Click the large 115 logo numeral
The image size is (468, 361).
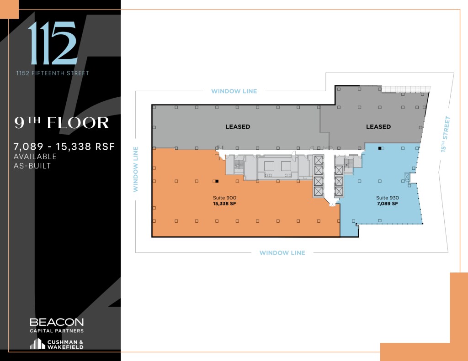point(52,43)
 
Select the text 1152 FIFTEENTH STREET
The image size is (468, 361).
point(53,73)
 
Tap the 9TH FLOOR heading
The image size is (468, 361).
point(62,123)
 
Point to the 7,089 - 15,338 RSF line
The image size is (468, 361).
point(64,146)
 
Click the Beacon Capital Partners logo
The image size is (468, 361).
point(57,324)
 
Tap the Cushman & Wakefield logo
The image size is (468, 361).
point(57,344)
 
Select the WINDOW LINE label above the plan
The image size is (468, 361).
point(234,91)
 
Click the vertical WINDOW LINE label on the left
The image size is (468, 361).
point(136,169)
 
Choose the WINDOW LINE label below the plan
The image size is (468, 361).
point(282,253)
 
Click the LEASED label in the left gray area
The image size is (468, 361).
point(238,126)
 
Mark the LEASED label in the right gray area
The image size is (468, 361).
point(378,126)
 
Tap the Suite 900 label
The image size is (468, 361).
point(224,198)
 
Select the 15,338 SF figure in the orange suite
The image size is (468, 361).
point(224,204)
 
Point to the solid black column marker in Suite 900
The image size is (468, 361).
point(217,181)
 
